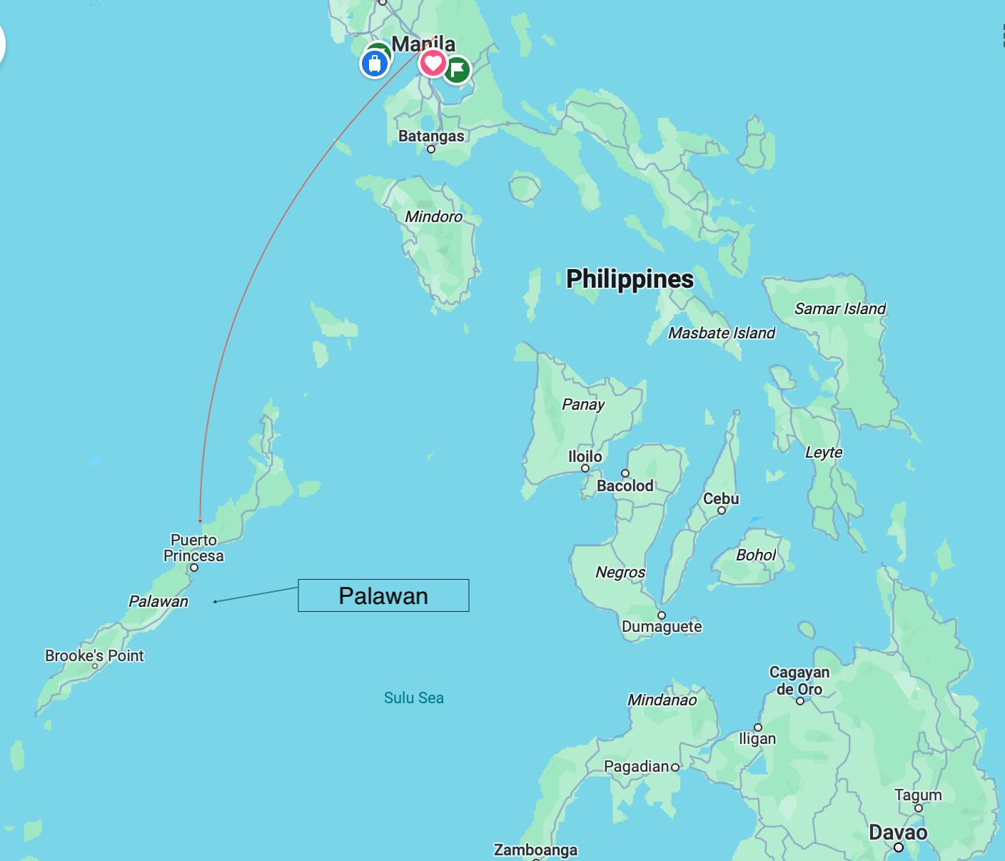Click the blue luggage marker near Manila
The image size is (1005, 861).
(374, 64)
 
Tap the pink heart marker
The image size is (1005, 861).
(433, 63)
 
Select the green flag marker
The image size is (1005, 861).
(457, 70)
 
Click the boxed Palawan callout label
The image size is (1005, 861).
(383, 595)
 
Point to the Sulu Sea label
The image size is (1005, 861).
(413, 698)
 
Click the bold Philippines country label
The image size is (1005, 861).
(630, 278)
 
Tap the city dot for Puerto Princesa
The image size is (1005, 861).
(194, 568)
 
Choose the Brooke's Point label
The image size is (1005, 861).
(94, 655)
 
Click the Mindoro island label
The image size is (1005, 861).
(433, 216)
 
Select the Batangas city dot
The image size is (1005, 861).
(431, 149)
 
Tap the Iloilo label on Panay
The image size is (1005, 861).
(585, 456)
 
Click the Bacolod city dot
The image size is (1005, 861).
(625, 473)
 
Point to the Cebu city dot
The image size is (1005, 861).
(722, 510)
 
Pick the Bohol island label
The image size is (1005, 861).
(755, 555)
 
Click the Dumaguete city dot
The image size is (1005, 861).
(662, 615)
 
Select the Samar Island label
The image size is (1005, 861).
(839, 308)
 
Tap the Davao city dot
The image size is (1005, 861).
(899, 847)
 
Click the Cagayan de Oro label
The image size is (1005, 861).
(799, 680)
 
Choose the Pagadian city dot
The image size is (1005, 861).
(675, 767)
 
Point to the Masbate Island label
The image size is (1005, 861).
(721, 333)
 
